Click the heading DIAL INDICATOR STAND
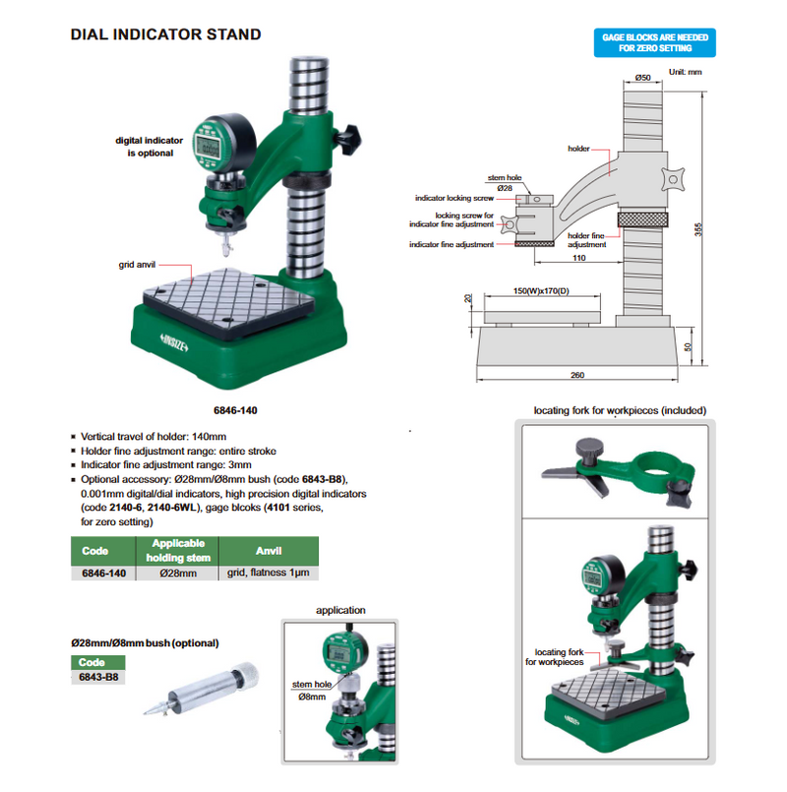tap(165, 34)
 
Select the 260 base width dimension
tap(576, 375)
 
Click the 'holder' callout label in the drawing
tap(578, 149)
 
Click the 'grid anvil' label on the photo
tap(138, 265)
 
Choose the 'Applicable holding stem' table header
tap(177, 549)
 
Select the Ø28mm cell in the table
tap(177, 572)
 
